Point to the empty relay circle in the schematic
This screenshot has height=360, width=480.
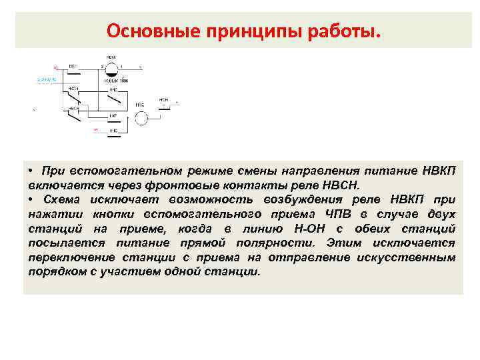141,117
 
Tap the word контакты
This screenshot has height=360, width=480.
256,185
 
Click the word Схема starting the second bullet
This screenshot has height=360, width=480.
63,199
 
